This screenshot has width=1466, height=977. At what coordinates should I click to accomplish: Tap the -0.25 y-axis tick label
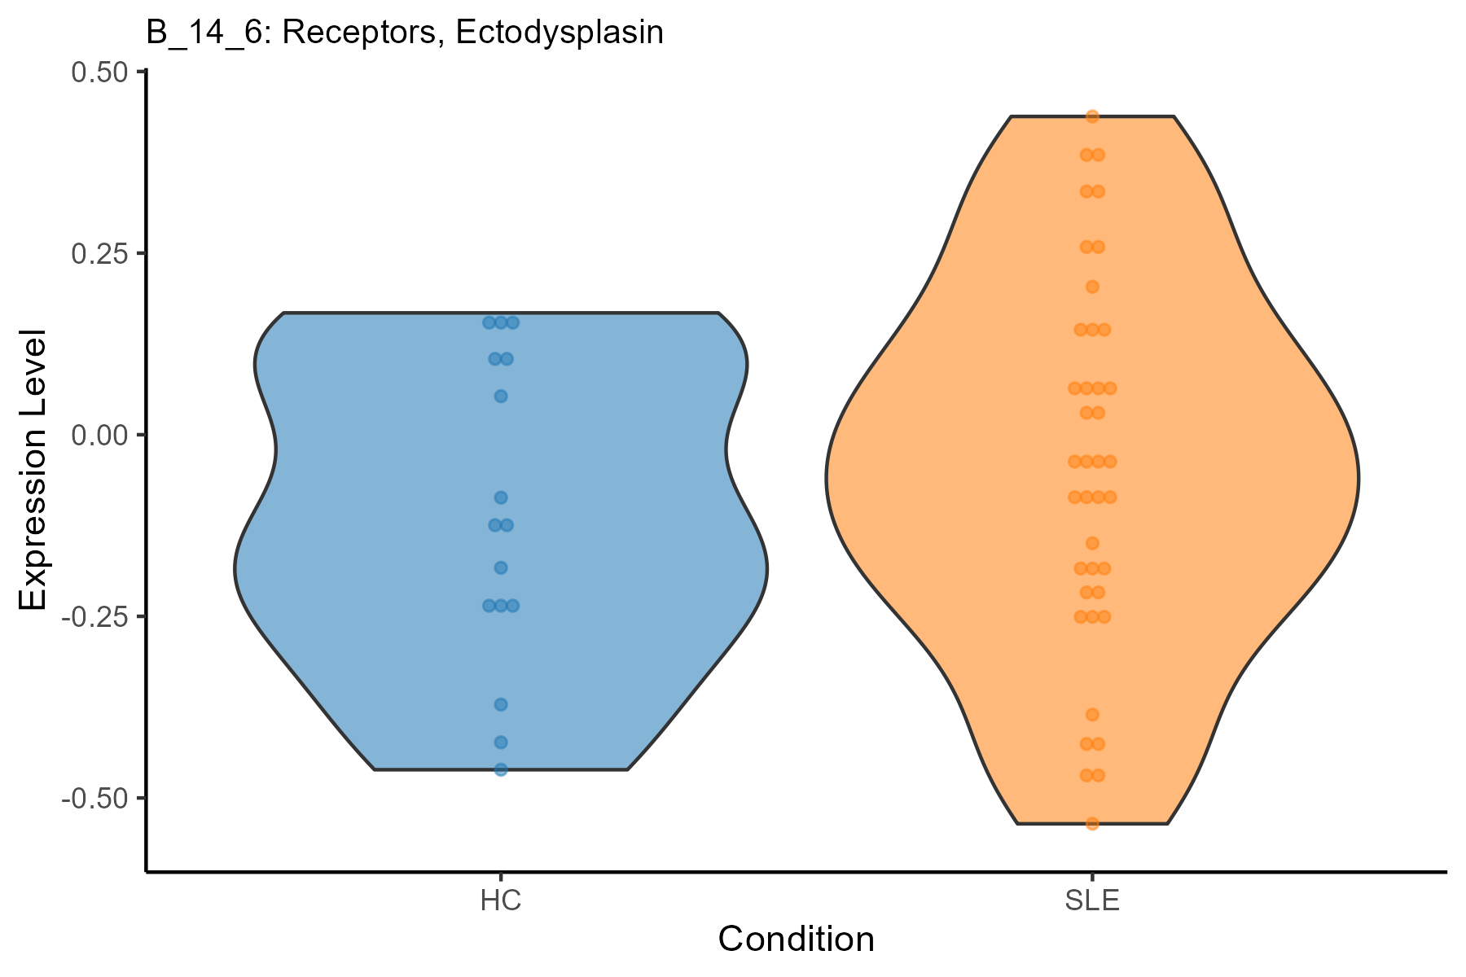[95, 616]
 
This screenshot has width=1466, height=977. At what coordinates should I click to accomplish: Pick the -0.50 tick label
[95, 798]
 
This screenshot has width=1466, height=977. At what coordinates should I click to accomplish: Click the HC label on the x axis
[501, 901]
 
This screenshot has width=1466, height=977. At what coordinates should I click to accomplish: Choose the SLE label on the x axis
[1092, 901]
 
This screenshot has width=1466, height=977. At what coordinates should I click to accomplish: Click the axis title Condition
[796, 940]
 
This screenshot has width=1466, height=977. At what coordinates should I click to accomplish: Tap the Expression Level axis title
[33, 471]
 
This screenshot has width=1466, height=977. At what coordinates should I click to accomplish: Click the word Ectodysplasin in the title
[560, 33]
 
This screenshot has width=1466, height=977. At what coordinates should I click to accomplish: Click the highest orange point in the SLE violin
[1092, 116]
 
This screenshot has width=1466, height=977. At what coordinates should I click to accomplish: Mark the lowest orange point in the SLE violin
[1092, 824]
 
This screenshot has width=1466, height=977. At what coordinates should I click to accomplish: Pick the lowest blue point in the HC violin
[501, 769]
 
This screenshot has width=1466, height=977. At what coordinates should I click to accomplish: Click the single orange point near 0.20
[1092, 287]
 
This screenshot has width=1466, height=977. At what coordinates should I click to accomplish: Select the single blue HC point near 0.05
[501, 396]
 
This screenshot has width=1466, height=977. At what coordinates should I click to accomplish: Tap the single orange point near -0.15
[1092, 543]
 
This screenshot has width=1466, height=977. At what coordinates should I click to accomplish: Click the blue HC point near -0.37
[501, 704]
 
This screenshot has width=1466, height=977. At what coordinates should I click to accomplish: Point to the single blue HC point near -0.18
[501, 567]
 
